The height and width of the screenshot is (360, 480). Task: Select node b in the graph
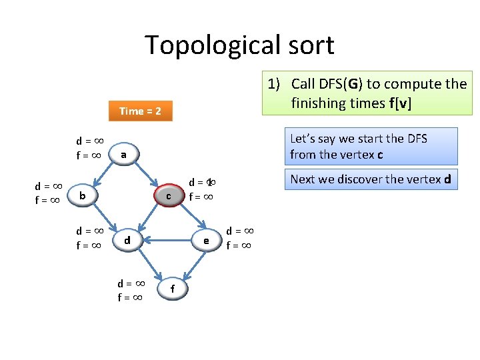point(81,195)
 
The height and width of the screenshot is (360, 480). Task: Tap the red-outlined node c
point(169,195)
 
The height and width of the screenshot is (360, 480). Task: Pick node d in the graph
point(126,239)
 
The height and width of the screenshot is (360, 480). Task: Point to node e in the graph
point(207,240)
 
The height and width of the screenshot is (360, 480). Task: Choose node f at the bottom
point(173,288)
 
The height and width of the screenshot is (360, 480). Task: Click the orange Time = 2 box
point(140,111)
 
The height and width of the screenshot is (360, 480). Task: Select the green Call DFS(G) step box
point(369,93)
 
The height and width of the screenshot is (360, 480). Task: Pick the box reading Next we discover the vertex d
point(371,179)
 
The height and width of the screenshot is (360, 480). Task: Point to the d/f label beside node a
point(88,148)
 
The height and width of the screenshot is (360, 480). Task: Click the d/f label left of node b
point(49,192)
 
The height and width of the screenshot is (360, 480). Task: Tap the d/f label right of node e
point(240,238)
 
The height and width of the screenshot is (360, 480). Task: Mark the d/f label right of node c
point(202,189)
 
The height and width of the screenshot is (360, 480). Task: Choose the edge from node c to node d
point(147,217)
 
